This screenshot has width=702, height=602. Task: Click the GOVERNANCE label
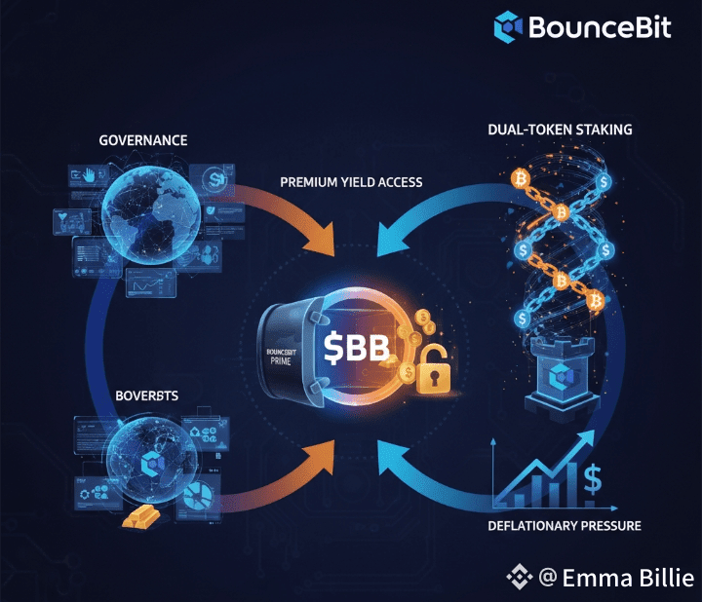pyautogui.click(x=143, y=140)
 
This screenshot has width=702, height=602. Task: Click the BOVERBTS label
pyautogui.click(x=143, y=396)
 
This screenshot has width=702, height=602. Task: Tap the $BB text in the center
pyautogui.click(x=357, y=349)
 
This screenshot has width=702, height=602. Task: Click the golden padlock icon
pyautogui.click(x=431, y=377)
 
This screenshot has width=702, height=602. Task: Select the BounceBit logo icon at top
pyautogui.click(x=508, y=26)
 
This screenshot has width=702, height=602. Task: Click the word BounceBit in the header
pyautogui.click(x=600, y=26)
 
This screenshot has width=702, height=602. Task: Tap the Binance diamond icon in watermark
pyautogui.click(x=519, y=578)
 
